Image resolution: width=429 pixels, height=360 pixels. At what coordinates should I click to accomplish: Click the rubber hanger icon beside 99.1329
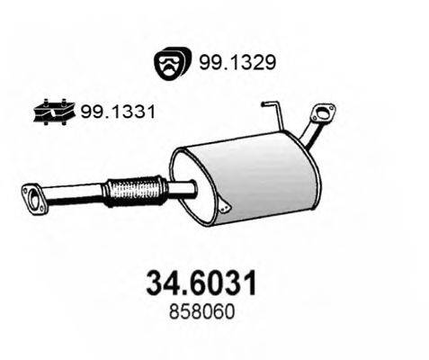tap(169, 62)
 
